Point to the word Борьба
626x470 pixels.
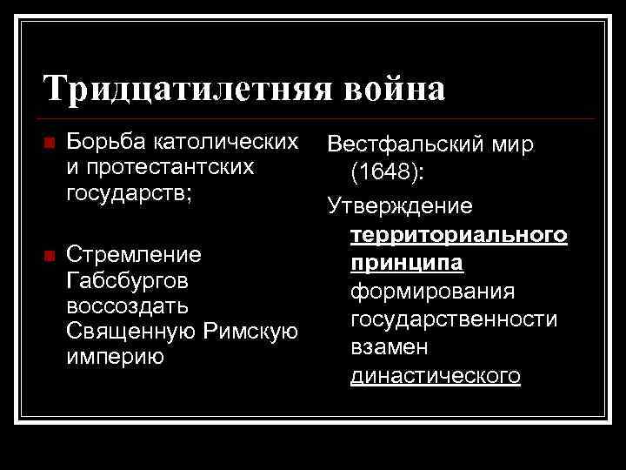[105, 141]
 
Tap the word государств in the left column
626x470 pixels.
[125, 191]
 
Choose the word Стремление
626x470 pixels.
[134, 255]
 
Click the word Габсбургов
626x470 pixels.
[128, 282]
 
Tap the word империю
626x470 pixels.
[116, 358]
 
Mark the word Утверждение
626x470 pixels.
[400, 205]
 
